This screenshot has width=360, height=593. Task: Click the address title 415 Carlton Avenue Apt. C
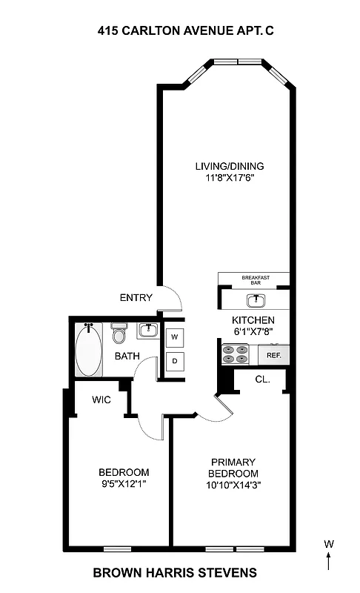pos(181,31)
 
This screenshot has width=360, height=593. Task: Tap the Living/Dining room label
pos(229,166)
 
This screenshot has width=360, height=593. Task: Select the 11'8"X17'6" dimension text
pos(229,178)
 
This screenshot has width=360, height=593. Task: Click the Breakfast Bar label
pos(256,279)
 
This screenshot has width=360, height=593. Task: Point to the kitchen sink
pos(256,299)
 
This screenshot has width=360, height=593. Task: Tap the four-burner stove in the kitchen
pos(236,354)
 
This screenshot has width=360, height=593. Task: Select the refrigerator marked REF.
pos(273,355)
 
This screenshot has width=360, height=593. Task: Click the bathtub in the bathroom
pos(89,350)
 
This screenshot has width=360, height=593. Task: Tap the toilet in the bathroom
pos(119,334)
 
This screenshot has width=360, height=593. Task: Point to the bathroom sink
pos(148,329)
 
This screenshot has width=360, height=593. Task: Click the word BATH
pos(127,357)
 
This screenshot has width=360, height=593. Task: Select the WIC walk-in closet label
pos(101,400)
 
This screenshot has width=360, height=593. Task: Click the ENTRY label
pos(136,298)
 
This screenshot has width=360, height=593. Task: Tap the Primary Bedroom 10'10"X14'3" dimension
pos(233,486)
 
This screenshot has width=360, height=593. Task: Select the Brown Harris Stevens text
pos(175,572)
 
